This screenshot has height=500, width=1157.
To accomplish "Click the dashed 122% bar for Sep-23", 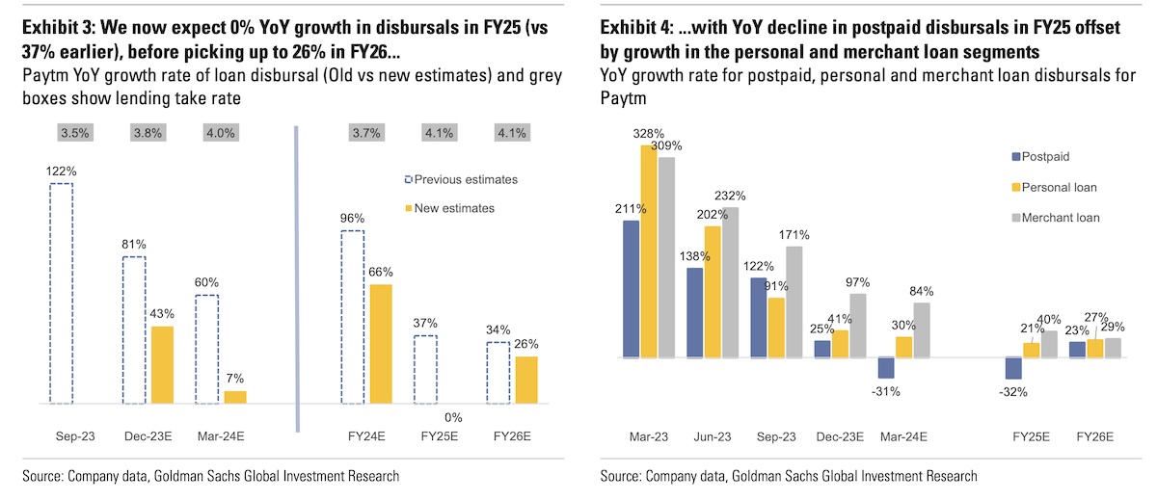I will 61,293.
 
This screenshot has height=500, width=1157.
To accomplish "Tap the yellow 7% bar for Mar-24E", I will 235,397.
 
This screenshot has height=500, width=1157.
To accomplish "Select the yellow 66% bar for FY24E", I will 381,344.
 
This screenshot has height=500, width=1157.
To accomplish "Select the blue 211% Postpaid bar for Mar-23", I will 632,289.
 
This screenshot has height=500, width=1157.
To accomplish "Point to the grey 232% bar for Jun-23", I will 729,282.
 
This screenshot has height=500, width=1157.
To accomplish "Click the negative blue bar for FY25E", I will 1013,368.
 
